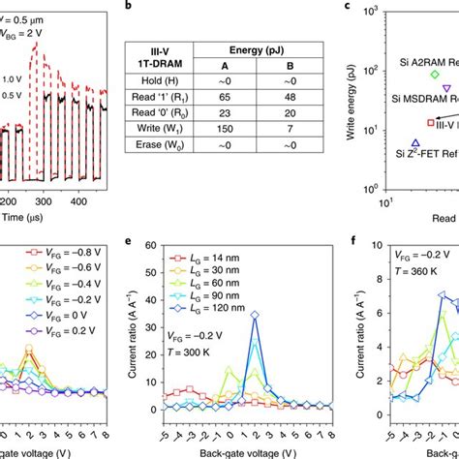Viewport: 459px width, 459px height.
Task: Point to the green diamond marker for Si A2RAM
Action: (x=435, y=74)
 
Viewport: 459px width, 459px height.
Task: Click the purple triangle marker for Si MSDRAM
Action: (x=446, y=88)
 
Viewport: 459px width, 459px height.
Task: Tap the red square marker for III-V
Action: (x=432, y=123)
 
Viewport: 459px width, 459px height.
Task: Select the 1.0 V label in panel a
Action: (x=12, y=78)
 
